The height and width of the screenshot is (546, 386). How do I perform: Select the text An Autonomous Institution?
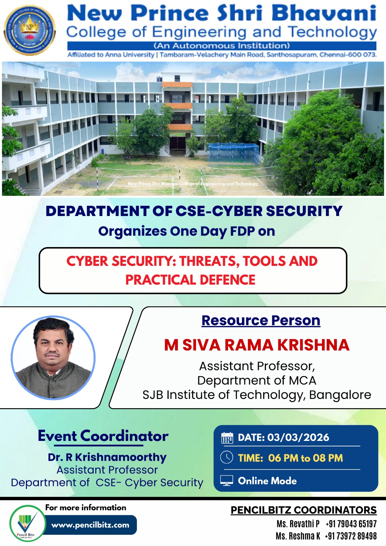pos(222,46)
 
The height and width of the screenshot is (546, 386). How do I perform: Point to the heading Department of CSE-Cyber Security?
pos(194,211)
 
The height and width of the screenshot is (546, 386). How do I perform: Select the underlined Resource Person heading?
pos(261,321)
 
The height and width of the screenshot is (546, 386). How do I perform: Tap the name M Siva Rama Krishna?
pos(257,345)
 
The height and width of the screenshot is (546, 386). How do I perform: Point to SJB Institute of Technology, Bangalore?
pos(257,395)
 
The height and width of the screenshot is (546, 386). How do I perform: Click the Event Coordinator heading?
pos(103,436)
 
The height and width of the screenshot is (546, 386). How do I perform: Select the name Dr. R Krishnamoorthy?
pos(107,457)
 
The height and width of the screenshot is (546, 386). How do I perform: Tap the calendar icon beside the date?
pos(227,438)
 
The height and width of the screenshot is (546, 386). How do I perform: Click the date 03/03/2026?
pos(298,437)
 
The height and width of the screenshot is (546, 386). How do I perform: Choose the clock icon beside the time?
pos(227,457)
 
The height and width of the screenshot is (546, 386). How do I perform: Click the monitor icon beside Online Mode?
pos(227,480)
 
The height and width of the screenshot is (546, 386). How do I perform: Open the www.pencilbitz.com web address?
pos(90,525)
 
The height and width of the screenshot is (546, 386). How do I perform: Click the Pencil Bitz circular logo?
pos(27,523)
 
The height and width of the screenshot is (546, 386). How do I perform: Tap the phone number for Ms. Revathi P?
pos(351,524)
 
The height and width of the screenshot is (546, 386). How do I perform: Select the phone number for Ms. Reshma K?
pos(351,536)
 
